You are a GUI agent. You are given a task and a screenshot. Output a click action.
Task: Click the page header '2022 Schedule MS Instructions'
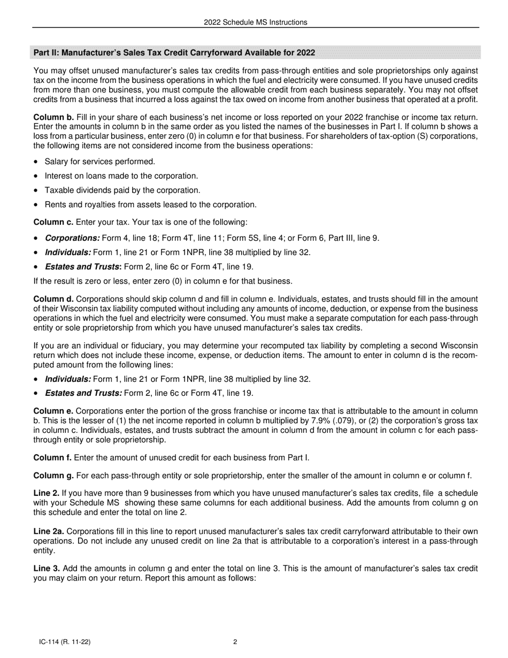point(255,22)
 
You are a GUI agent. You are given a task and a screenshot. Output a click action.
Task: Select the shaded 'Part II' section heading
point(174,52)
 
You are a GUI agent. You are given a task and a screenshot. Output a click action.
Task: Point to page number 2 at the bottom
point(235,642)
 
